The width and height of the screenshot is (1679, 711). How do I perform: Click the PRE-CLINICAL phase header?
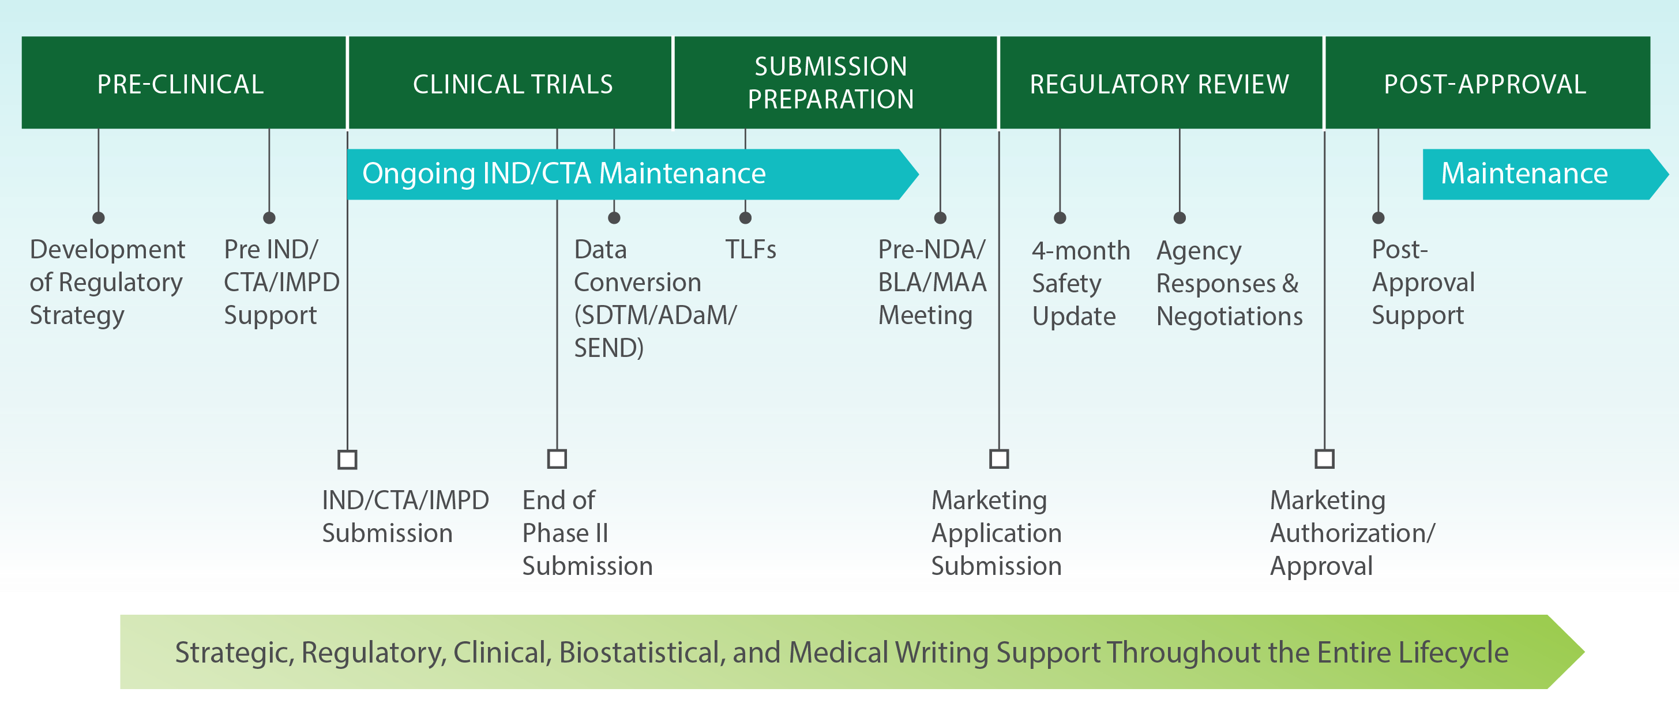[181, 84]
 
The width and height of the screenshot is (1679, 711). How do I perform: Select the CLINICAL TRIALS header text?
[513, 84]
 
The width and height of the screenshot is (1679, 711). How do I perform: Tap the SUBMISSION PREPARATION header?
[831, 83]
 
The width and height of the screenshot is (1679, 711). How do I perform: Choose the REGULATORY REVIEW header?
[1159, 84]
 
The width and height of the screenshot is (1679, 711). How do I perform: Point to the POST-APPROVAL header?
[1485, 84]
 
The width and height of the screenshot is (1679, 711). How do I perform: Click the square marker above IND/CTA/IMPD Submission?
[347, 460]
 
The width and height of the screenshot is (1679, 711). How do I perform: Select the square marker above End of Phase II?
[557, 459]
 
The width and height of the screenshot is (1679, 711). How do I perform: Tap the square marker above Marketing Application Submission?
[999, 459]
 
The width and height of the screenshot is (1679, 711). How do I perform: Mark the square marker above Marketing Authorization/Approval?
[1324, 459]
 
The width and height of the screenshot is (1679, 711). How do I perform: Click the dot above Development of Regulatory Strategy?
[99, 217]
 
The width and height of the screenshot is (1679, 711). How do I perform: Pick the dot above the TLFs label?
[746, 217]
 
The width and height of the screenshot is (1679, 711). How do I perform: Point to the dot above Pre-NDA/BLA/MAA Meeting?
[940, 217]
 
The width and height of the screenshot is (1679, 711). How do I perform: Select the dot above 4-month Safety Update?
[1060, 217]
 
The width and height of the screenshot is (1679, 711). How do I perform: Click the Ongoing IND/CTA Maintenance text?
[564, 174]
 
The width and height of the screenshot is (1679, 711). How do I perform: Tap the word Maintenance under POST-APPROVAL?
[1524, 174]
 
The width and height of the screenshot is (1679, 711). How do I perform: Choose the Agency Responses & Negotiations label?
[1229, 284]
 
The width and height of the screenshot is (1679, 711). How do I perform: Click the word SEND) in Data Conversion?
[609, 348]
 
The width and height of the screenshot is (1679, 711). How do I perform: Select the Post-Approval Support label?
[1422, 282]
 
